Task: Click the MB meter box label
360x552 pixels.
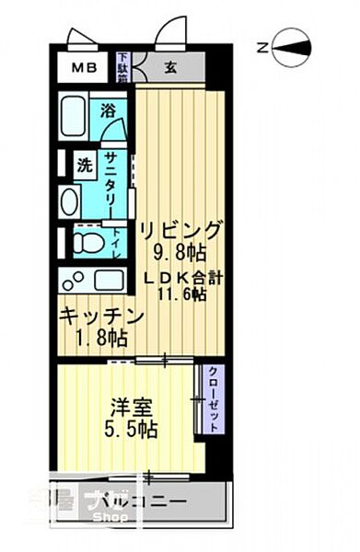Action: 85,69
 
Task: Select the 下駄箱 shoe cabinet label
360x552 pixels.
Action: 122,67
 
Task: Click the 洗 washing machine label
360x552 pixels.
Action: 85,167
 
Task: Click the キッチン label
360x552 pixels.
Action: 102,316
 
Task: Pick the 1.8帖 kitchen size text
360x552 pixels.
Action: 101,339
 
